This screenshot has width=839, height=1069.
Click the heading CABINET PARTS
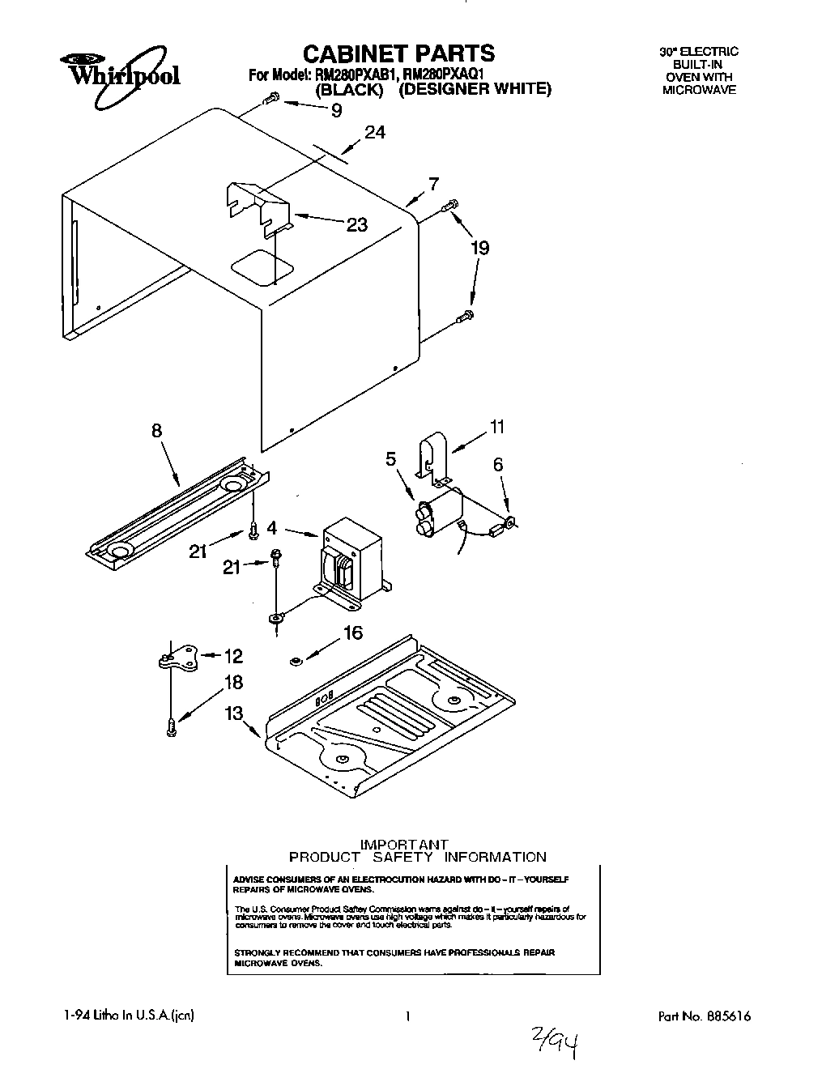398,53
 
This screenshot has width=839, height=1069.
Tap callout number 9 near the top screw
336,112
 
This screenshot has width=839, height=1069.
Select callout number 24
374,133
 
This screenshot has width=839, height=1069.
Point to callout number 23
357,224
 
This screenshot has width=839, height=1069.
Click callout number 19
480,247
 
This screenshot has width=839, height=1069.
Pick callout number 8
156,432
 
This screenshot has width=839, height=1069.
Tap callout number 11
496,426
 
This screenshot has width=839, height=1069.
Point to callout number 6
498,464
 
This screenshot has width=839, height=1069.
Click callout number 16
353,632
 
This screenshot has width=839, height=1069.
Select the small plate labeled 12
179,659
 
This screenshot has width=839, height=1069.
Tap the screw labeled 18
171,726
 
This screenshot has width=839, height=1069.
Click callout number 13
234,713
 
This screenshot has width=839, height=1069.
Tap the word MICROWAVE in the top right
699,90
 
